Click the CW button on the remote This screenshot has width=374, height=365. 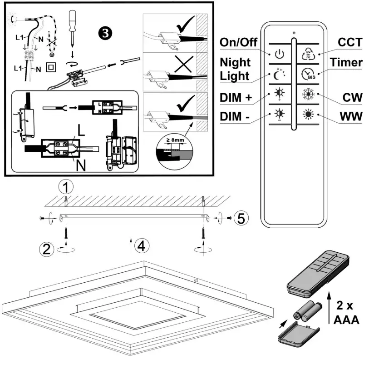308,95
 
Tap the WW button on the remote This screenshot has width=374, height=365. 308,114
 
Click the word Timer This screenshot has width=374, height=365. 346,62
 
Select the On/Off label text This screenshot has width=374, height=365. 239,42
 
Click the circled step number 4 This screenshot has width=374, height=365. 142,246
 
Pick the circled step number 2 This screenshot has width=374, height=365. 47,249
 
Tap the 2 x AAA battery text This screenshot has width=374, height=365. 346,313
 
